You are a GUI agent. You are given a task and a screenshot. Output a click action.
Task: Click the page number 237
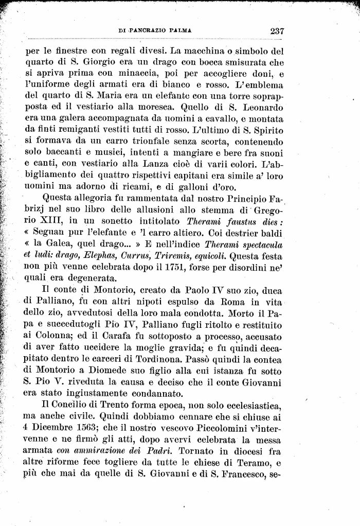click(x=277, y=31)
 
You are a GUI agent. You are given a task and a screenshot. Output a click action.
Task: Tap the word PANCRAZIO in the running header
click(x=150, y=31)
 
